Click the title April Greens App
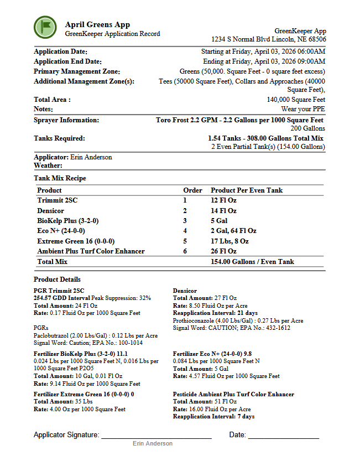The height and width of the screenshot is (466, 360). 97,24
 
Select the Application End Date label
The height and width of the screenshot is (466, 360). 67,61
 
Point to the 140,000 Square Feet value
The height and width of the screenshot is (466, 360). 296,100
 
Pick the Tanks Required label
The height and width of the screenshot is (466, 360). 59,138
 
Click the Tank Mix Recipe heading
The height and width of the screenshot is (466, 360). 60,178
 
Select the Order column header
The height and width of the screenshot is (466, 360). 192,190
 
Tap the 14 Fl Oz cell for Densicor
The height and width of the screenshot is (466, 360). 223,211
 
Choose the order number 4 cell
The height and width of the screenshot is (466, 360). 185,231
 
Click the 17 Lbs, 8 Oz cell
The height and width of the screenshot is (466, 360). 229,241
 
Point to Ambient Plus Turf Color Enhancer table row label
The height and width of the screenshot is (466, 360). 91,251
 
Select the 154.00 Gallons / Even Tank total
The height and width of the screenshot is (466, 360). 252,262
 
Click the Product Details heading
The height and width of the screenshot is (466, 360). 57,279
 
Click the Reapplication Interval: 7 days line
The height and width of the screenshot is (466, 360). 213,416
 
